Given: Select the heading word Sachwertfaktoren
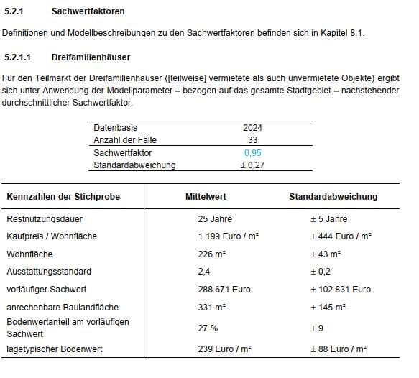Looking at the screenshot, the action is click(88, 12).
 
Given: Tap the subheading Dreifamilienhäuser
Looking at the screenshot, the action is click(91, 56).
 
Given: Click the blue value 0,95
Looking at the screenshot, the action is click(252, 153).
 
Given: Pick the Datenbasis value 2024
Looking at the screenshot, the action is click(252, 128).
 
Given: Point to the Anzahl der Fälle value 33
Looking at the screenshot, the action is click(252, 140).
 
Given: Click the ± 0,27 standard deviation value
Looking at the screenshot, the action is click(252, 165).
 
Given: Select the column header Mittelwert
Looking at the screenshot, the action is click(206, 197).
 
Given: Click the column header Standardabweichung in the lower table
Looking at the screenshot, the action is click(333, 197).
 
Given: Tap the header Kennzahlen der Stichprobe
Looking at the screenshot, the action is click(63, 197).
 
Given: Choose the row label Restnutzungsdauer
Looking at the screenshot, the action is click(45, 219).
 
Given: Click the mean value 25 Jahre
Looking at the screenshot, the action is click(215, 219).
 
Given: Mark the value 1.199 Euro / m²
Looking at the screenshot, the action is click(228, 236).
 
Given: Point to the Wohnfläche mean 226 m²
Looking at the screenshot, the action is click(212, 254).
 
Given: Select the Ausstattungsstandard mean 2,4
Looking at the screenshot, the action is click(204, 272).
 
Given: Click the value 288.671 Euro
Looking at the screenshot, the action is click(224, 290).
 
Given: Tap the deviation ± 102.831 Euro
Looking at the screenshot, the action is click(340, 290).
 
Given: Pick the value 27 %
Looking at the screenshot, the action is click(208, 328).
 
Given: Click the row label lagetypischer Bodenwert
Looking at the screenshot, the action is click(55, 349).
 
